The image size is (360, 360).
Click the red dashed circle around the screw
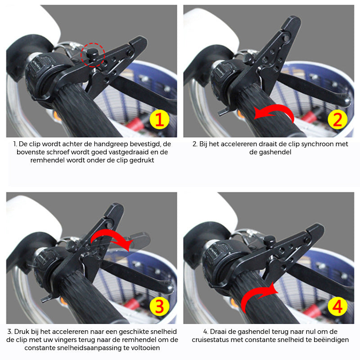(93, 55)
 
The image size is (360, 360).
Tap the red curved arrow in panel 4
(258, 297)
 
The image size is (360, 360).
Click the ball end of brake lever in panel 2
(347, 102)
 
